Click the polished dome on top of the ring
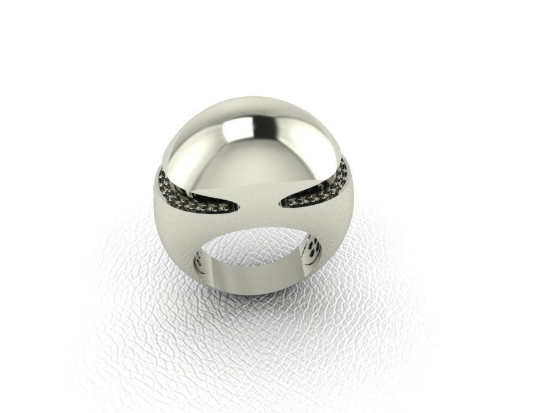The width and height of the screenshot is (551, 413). coord(253,143)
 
